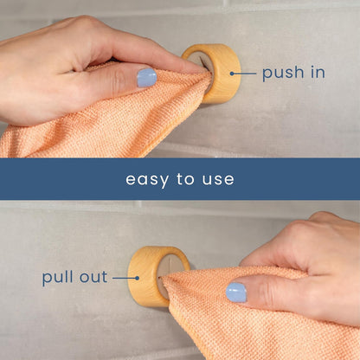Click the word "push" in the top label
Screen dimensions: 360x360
pyautogui.click(x=283, y=73)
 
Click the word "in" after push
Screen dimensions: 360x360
pyautogui.click(x=317, y=72)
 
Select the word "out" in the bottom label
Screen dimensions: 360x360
pyautogui.click(x=93, y=278)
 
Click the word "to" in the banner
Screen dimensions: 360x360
pyautogui.click(x=185, y=180)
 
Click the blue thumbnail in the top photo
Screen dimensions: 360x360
pyautogui.click(x=147, y=78)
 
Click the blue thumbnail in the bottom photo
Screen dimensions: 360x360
pyautogui.click(x=236, y=292)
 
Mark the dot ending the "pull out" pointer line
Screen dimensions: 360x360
pyautogui.click(x=138, y=278)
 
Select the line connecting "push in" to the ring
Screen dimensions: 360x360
pyautogui.click(x=243, y=73)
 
